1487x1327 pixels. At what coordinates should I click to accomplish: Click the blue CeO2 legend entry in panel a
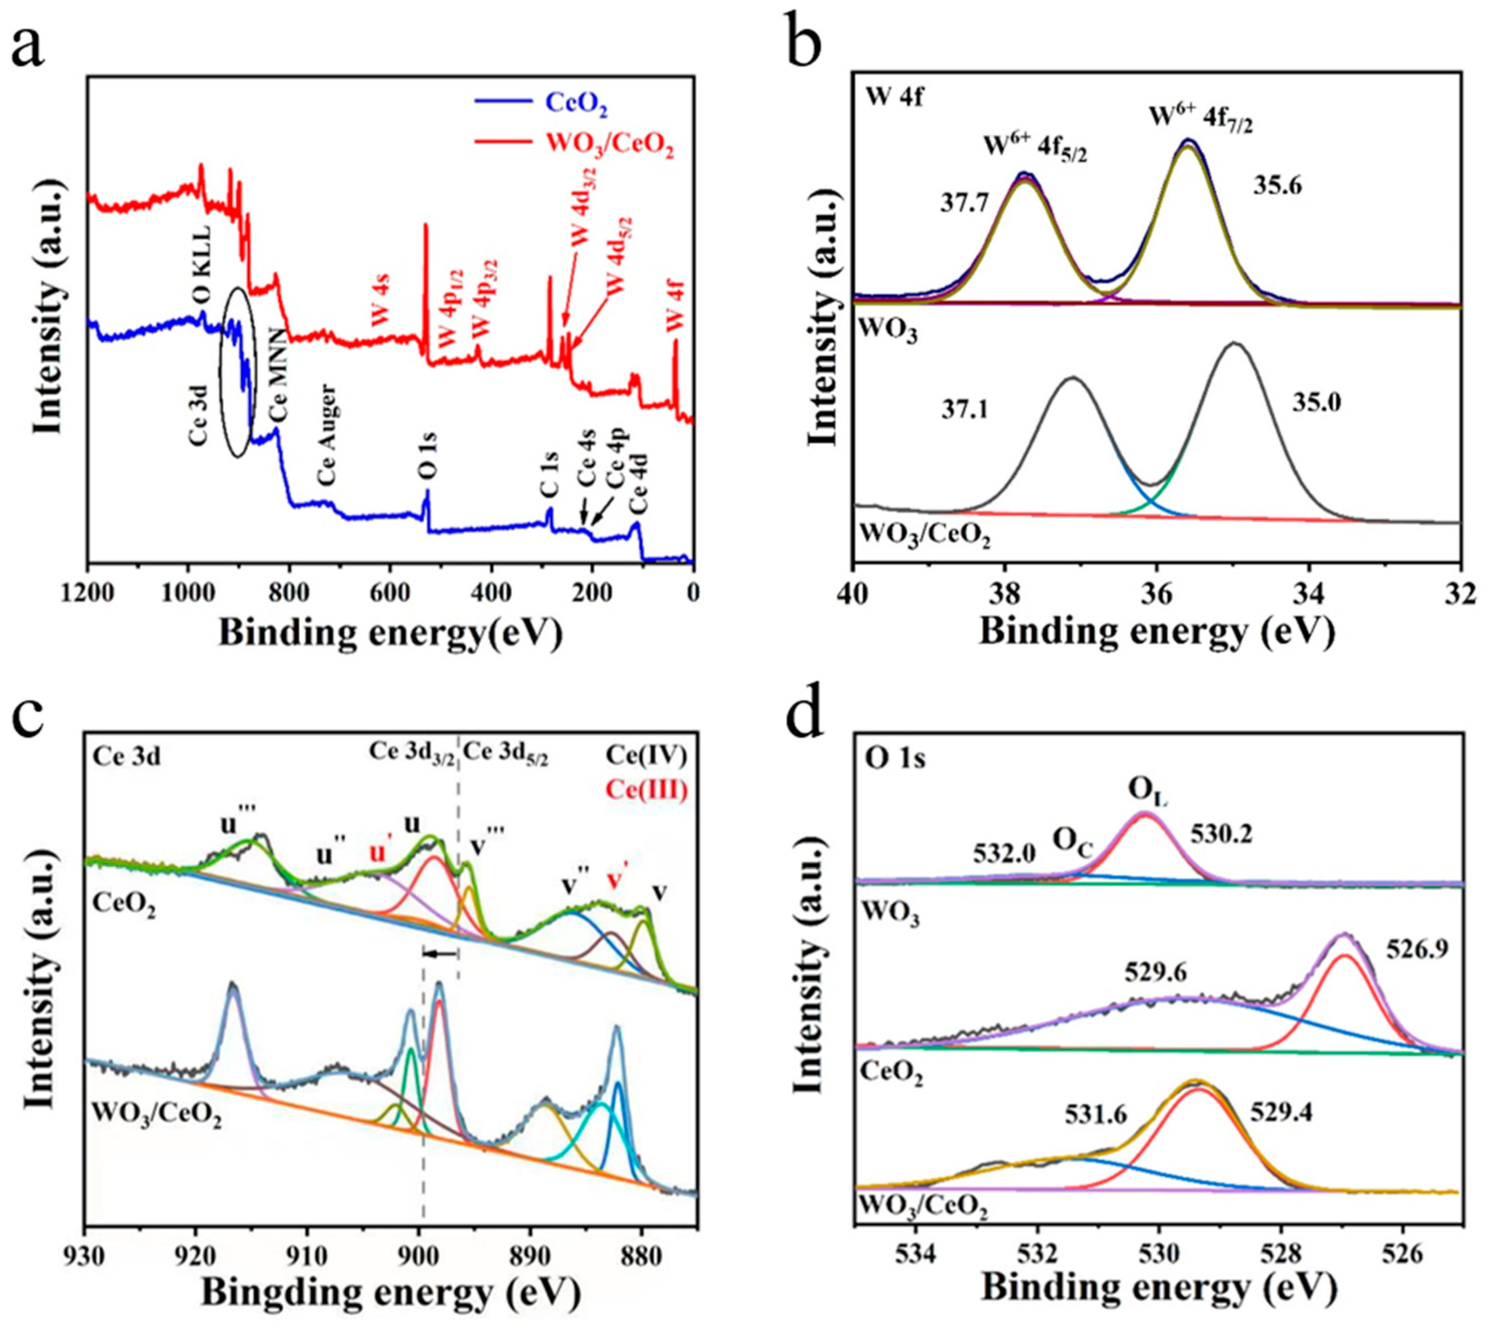[576, 107]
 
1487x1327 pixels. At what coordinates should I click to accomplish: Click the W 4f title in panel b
[894, 98]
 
